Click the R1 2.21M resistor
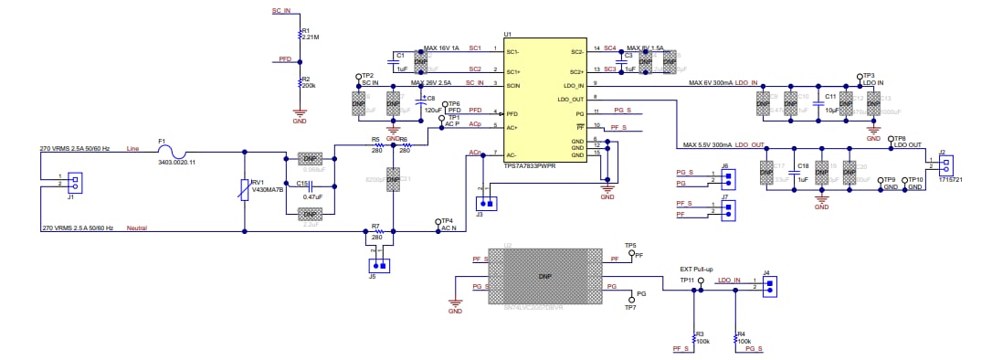click(299, 34)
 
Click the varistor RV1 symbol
click(245, 189)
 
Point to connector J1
click(75, 182)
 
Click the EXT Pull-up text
click(696, 270)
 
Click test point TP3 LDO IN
click(860, 79)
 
